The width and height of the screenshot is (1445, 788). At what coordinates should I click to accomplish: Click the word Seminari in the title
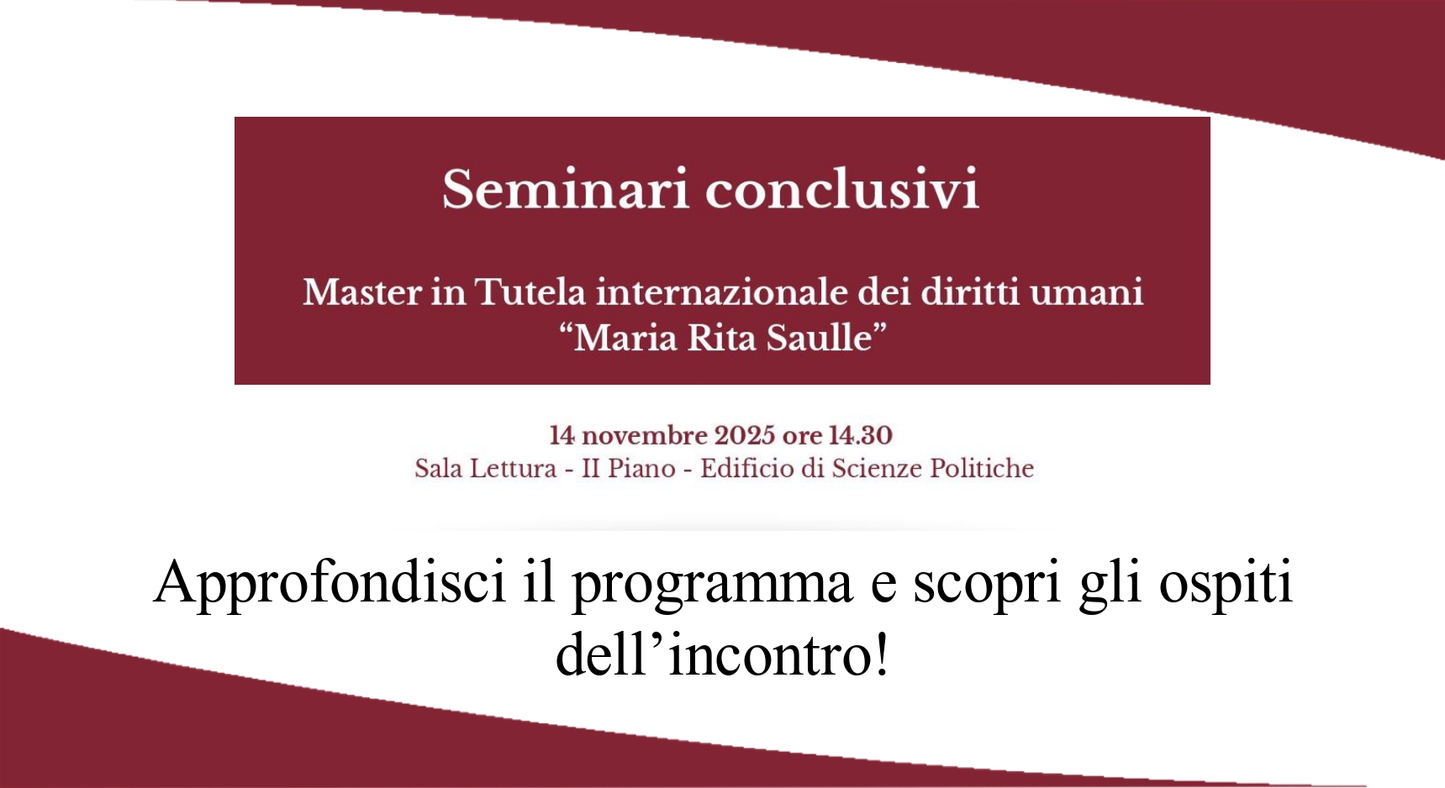pos(566,188)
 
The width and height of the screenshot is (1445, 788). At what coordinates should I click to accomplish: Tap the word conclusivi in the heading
pos(842,188)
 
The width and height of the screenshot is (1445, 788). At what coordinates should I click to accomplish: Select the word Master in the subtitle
pos(362,292)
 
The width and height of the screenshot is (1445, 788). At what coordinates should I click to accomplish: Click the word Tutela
pos(530,292)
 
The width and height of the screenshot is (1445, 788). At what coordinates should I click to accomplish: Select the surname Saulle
pos(827,338)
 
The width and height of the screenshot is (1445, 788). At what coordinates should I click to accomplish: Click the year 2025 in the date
pos(745,435)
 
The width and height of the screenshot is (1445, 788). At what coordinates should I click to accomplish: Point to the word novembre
pos(645,435)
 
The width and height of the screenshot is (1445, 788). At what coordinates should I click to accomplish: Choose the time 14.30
pos(861,435)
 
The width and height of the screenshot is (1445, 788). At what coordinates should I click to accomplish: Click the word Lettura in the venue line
pos(514,468)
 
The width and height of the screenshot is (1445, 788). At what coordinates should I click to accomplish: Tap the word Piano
pos(641,469)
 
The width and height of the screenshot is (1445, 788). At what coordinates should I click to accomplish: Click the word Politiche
pos(982,468)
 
